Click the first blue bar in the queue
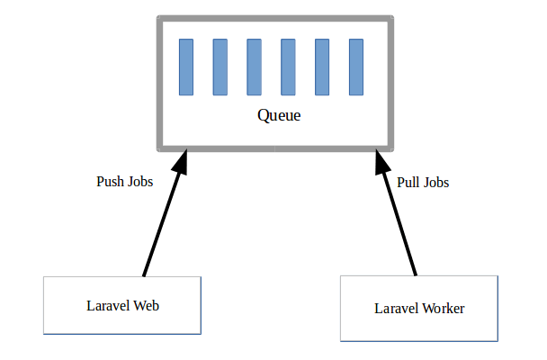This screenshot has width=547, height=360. pyautogui.click(x=186, y=67)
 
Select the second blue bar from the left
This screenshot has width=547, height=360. pyautogui.click(x=220, y=67)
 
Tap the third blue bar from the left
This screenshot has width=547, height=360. pyautogui.click(x=254, y=67)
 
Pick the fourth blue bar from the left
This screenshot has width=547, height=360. pyautogui.click(x=288, y=67)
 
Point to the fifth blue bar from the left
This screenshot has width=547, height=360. pyautogui.click(x=322, y=67)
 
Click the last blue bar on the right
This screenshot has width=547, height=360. pyautogui.click(x=356, y=67)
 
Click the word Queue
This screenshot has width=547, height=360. pyautogui.click(x=279, y=115)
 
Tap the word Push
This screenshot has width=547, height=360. pyautogui.click(x=111, y=182)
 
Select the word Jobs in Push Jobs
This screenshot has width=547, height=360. pyautogui.click(x=140, y=182)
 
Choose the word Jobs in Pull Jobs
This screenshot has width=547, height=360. pyautogui.click(x=435, y=183)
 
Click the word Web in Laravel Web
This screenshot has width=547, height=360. pyautogui.click(x=147, y=306)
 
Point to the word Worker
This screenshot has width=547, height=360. pyautogui.click(x=444, y=309)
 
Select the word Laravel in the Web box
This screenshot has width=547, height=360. pyautogui.click(x=109, y=306)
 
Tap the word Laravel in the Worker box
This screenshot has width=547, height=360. pyautogui.click(x=397, y=309)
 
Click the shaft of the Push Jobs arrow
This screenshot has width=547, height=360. pyautogui.click(x=161, y=224)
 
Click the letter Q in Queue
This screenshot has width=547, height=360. pyautogui.click(x=263, y=115)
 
